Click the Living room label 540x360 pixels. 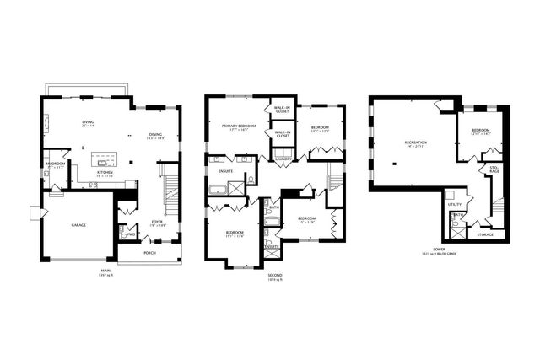(x=88, y=123)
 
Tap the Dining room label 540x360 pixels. (x=155, y=135)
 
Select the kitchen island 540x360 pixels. (x=105, y=159)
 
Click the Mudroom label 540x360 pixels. (x=57, y=164)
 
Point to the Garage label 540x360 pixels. (x=78, y=225)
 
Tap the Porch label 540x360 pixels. (x=148, y=252)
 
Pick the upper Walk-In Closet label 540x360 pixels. (x=282, y=110)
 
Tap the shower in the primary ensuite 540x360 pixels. (x=251, y=180)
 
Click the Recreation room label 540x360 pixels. (x=415, y=142)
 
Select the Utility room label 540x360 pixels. (x=454, y=204)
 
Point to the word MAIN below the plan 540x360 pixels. (x=105, y=271)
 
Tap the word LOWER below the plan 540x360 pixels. (x=439, y=250)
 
